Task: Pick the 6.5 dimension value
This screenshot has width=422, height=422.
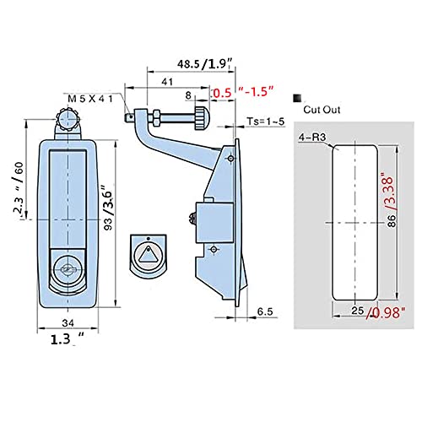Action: pos(264,311)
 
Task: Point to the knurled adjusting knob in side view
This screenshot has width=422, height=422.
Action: pos(197,122)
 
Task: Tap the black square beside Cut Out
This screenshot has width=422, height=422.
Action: pos(297,99)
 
